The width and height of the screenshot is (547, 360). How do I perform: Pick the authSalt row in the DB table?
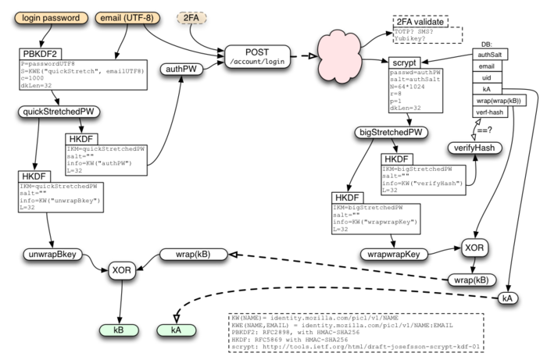click(x=494, y=54)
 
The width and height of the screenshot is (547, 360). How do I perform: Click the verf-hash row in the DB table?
click(x=494, y=112)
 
